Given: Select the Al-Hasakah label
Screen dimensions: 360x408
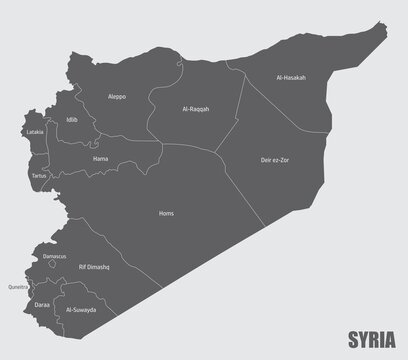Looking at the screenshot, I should (x=293, y=77).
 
